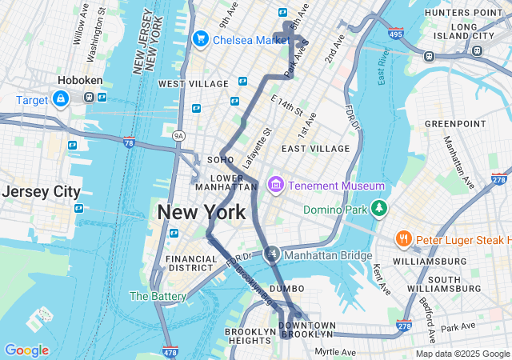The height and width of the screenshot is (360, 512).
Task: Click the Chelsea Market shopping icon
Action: (200, 38)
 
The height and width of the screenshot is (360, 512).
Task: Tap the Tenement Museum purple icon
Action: (276, 186)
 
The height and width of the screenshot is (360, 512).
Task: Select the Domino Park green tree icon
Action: (378, 210)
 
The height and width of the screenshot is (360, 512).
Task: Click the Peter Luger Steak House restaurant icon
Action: (404, 239)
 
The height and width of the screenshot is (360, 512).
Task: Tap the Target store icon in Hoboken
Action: (60, 98)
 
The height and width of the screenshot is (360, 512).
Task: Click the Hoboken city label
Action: (78, 81)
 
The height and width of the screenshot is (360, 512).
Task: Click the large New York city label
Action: (201, 213)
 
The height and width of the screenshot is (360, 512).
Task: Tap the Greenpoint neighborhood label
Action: (454, 124)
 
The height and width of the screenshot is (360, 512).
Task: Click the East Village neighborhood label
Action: (315, 149)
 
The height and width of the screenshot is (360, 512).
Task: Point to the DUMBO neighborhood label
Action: (286, 288)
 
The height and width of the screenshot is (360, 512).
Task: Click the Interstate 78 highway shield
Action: (130, 142)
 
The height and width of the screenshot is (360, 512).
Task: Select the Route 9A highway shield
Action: (179, 136)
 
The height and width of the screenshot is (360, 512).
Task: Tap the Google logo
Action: (26, 350)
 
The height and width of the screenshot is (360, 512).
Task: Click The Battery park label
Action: (158, 296)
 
